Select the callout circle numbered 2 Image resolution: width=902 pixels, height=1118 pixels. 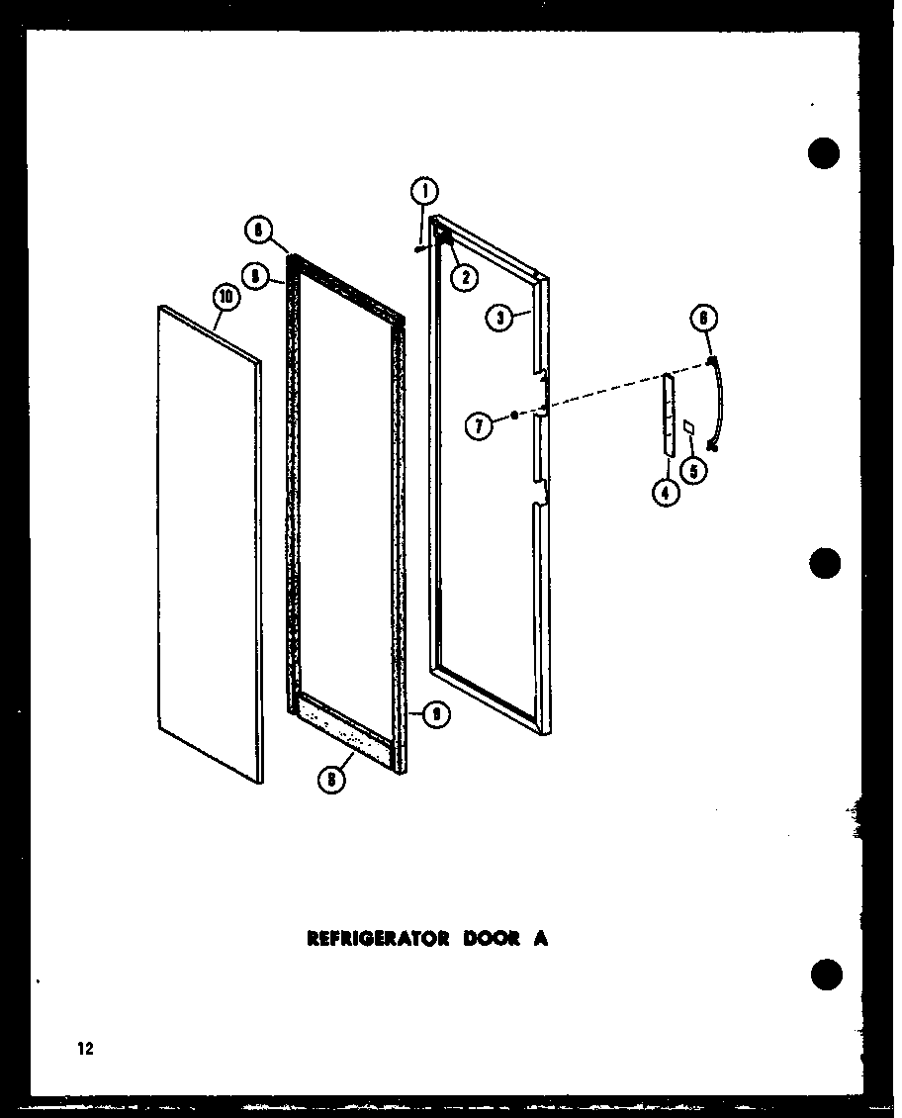[x=462, y=277]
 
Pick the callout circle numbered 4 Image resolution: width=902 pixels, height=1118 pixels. [x=667, y=492]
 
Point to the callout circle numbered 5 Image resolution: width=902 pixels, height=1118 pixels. [x=697, y=471]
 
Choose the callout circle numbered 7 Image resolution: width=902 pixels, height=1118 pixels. [x=480, y=426]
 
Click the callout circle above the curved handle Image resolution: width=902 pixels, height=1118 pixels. [x=703, y=318]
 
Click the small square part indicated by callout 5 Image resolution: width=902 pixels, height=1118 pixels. [x=688, y=425]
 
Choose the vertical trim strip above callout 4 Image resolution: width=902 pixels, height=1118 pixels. [x=669, y=416]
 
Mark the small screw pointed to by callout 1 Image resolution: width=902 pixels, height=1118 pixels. [x=421, y=249]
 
